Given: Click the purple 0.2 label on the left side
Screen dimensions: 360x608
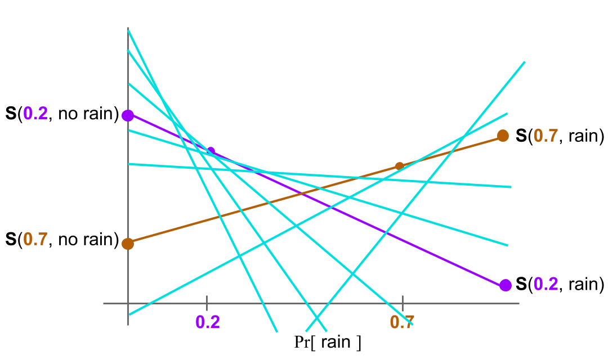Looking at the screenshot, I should [35, 114].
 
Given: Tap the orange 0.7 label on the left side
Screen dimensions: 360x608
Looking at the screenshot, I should [35, 240].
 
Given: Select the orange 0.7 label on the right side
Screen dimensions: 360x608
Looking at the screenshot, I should [546, 136].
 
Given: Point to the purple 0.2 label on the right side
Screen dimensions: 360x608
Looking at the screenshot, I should [546, 285].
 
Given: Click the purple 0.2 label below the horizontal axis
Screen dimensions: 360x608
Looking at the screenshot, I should [207, 322].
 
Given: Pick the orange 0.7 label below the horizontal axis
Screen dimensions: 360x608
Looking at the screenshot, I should [402, 322].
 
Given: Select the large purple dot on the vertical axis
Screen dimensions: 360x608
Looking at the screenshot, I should [128, 115].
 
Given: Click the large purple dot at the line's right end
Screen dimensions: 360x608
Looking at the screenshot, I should [506, 285].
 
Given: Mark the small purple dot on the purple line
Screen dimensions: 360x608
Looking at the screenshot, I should [211, 151].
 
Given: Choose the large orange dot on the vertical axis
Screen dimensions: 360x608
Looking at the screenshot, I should [128, 244].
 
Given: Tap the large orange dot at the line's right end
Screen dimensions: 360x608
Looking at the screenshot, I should [503, 136].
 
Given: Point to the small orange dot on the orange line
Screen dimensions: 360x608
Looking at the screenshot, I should [399, 166].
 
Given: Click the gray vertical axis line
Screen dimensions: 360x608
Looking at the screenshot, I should [128, 270].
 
